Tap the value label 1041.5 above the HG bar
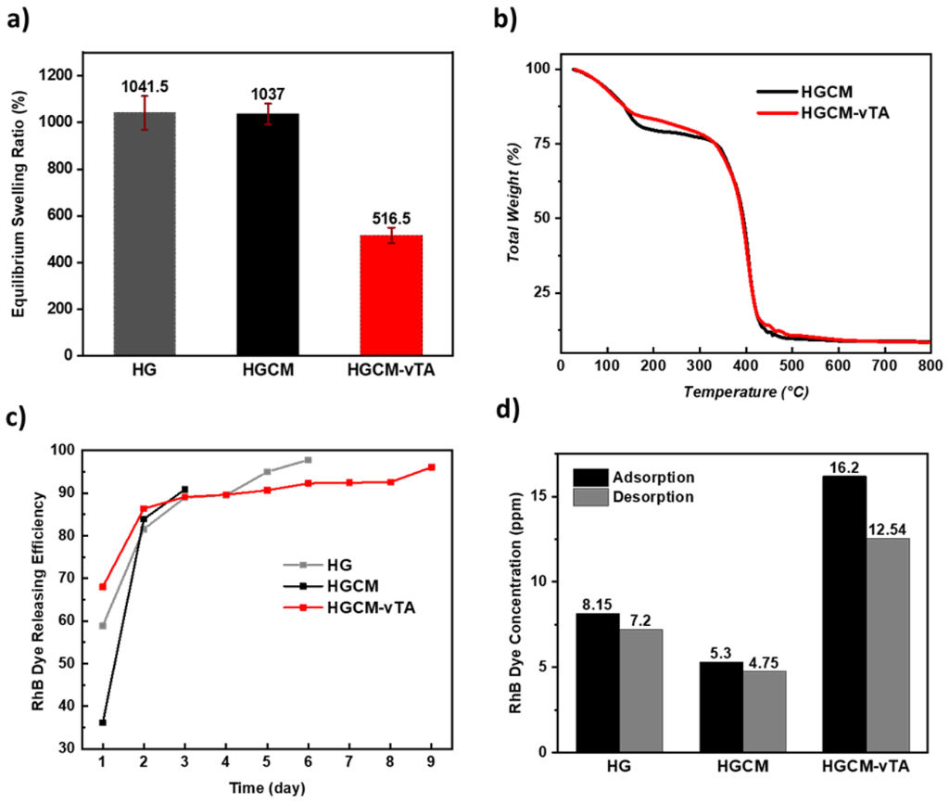pos(144,85)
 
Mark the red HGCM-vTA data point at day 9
pos(431,467)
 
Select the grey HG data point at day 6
pos(308,460)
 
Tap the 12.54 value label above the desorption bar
pos(888,530)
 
